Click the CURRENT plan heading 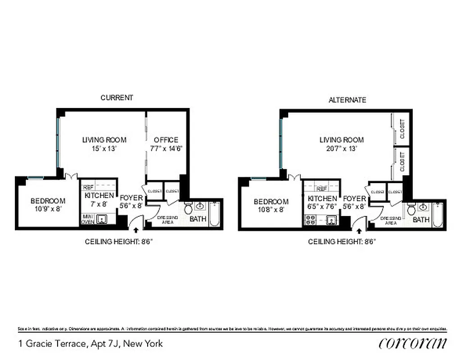point(117,98)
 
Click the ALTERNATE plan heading point(347,100)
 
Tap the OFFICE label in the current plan point(166,140)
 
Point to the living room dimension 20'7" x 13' point(341,148)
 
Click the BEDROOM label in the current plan point(48,201)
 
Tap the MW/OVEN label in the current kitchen point(87,219)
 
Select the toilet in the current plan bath point(188,209)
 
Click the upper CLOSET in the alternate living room point(402,128)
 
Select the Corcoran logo point(413,343)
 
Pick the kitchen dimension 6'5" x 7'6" point(322,207)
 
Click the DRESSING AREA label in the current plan point(168,220)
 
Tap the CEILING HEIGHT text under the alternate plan point(342,242)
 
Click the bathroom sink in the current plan point(200,207)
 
